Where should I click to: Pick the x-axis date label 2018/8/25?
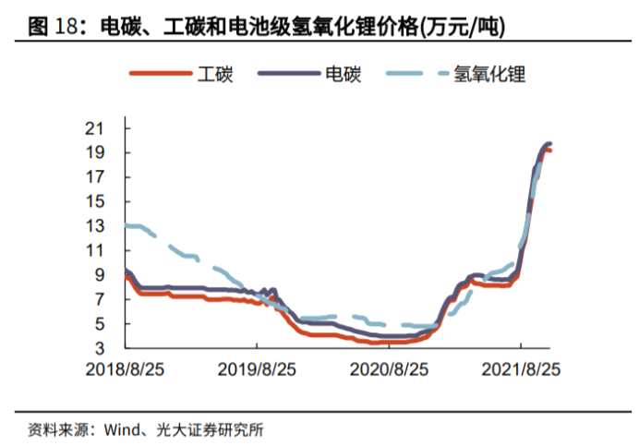pyautogui.click(x=127, y=368)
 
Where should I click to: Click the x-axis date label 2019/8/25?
pyautogui.click(x=258, y=368)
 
